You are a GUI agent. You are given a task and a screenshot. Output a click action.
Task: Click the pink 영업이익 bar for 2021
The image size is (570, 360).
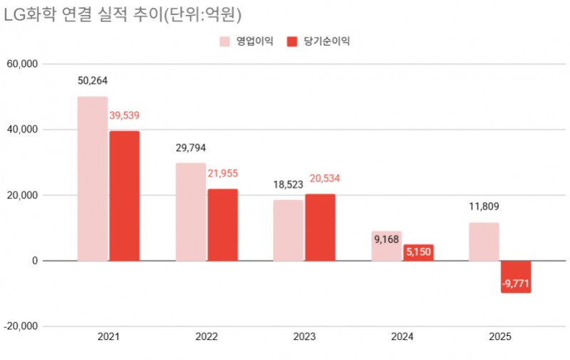click(93, 178)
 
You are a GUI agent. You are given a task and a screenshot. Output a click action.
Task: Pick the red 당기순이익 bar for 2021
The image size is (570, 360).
click(124, 195)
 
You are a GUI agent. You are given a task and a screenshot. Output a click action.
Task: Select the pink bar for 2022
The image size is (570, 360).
click(190, 212)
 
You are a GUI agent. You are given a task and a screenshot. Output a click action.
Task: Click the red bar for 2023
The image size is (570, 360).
click(320, 227)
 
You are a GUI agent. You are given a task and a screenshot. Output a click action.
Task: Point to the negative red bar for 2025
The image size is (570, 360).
click(515, 277)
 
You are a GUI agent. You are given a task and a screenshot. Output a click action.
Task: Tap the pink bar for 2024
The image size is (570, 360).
click(386, 246)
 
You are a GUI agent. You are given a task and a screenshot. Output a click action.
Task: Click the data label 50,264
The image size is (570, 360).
click(93, 81)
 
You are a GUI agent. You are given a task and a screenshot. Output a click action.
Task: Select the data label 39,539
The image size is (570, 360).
click(124, 115)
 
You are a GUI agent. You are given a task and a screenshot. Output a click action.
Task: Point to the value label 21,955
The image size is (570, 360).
click(222, 173)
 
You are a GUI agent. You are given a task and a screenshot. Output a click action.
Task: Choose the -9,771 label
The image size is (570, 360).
click(515, 284)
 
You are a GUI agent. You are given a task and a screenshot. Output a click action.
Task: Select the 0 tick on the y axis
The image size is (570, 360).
click(33, 261)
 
